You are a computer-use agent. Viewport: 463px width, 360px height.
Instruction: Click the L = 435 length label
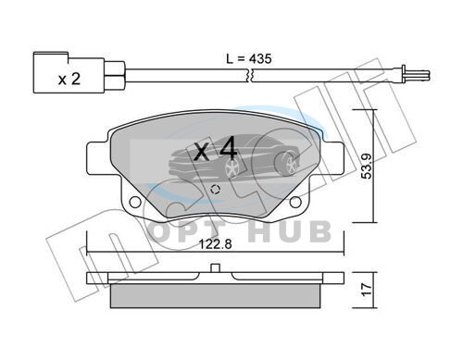[249, 58]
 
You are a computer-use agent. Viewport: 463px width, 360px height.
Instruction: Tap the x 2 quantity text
[69, 80]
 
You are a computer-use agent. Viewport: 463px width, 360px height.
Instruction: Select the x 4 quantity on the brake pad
[216, 150]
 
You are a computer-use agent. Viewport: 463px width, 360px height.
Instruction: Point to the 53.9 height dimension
[367, 167]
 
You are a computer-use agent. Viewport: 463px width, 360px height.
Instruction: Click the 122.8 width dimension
[215, 244]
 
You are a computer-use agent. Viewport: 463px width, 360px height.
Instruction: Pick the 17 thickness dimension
[367, 290]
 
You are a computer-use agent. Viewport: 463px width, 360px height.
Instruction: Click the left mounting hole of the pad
[134, 202]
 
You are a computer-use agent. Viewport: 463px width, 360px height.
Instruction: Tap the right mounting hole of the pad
[296, 202]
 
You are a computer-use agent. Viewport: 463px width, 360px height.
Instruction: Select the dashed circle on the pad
[215, 190]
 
